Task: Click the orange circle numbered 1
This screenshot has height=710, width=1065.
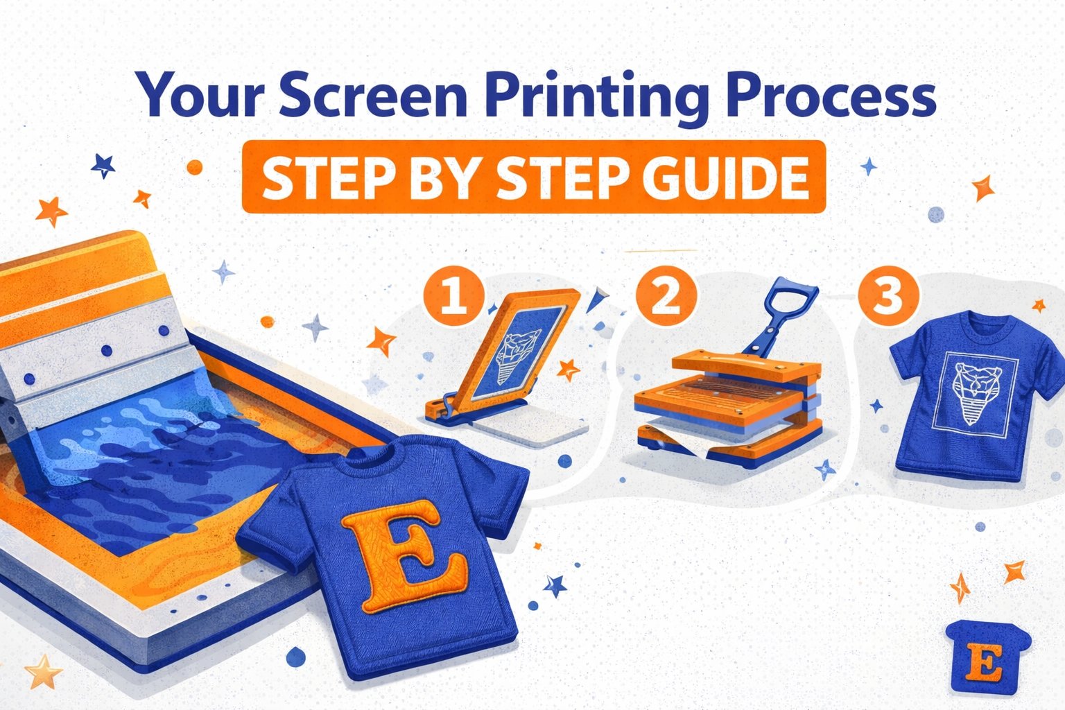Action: pyautogui.click(x=454, y=295)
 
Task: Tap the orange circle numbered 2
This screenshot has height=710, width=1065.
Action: pyautogui.click(x=666, y=295)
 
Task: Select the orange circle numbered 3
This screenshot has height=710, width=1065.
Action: pyautogui.click(x=887, y=295)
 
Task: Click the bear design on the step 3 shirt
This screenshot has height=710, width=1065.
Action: pyautogui.click(x=974, y=393)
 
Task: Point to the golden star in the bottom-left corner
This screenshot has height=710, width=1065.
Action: pyautogui.click(x=43, y=671)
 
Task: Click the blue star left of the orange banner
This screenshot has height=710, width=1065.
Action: pyautogui.click(x=103, y=166)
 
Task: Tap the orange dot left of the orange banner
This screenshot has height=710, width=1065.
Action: pyautogui.click(x=194, y=167)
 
